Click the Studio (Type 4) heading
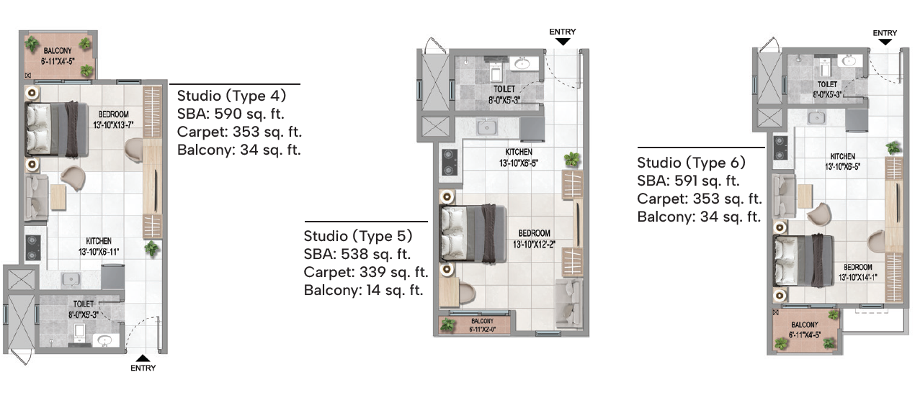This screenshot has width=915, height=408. [x=231, y=96]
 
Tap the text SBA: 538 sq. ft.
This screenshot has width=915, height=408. [x=357, y=254]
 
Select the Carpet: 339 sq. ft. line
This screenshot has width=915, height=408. [x=366, y=272]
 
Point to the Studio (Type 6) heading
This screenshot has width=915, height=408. [x=691, y=163]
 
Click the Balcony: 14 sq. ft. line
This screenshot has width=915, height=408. [x=364, y=290]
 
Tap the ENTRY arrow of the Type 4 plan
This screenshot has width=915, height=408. [x=143, y=358]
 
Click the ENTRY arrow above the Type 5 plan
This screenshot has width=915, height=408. [x=563, y=42]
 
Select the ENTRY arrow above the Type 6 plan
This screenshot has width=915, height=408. [x=885, y=42]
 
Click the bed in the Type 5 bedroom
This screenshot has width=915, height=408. [x=473, y=233]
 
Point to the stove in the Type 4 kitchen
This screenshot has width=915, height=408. [x=32, y=248]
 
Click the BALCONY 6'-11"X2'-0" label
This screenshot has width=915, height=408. [x=483, y=325]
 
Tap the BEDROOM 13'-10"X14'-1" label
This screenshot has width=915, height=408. [x=858, y=272]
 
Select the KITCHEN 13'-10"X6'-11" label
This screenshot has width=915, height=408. [x=99, y=246]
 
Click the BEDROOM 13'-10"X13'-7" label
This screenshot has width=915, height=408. [x=113, y=119]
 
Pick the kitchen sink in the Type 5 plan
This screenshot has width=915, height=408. [x=487, y=127]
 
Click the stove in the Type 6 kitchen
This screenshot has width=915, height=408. [x=780, y=148]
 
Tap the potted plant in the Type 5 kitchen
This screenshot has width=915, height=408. [x=572, y=159]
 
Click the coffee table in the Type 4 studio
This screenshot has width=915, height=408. [x=58, y=197]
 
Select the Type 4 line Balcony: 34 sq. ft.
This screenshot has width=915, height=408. [x=239, y=150]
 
